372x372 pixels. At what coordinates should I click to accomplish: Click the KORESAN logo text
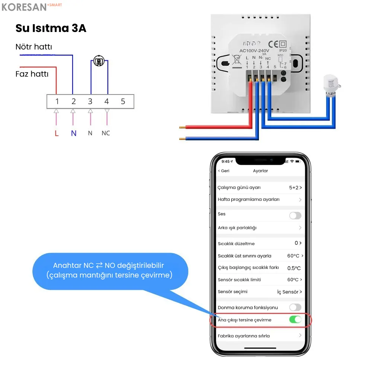(x=24, y=7)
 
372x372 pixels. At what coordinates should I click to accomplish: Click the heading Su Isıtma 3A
(x=51, y=28)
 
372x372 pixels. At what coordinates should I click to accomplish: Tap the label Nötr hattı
(x=34, y=47)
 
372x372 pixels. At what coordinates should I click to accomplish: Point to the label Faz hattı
(x=32, y=74)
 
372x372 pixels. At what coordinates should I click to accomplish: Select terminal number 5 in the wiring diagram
(x=123, y=102)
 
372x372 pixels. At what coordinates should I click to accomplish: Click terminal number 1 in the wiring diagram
(x=57, y=102)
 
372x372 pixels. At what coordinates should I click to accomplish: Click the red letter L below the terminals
(x=57, y=133)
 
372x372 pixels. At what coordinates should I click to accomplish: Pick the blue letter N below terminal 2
(x=73, y=133)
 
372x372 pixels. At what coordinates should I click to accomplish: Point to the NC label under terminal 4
(x=106, y=133)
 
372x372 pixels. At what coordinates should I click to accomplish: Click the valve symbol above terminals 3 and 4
(x=99, y=61)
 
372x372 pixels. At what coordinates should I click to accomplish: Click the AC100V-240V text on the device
(x=254, y=51)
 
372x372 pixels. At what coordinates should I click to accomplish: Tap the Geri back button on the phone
(x=224, y=171)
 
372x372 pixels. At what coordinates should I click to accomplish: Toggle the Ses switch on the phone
(x=295, y=215)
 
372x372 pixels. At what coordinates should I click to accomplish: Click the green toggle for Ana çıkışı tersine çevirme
(x=295, y=320)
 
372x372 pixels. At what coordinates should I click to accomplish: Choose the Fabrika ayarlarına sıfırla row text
(x=244, y=336)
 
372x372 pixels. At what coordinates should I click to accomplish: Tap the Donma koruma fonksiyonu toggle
(x=295, y=307)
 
